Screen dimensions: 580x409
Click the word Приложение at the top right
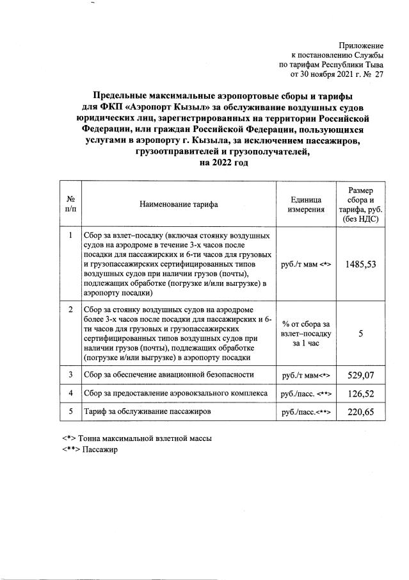tap(362, 46)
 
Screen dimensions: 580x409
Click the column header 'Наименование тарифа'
tap(179, 204)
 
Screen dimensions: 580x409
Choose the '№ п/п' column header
tap(70, 204)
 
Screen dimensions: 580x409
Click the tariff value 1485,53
tap(360, 264)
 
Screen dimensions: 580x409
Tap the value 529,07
tap(360, 375)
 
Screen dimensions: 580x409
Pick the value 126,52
tap(360, 394)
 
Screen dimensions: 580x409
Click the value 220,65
tap(360, 412)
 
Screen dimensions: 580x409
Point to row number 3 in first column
tap(70, 374)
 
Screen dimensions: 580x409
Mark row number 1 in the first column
tap(70, 236)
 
